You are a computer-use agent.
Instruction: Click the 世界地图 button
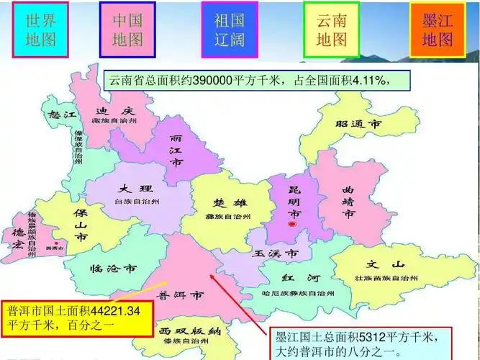(40, 29)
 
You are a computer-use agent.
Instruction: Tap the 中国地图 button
(127, 29)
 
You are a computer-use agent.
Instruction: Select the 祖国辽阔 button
(229, 29)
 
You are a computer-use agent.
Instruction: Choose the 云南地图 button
(330, 29)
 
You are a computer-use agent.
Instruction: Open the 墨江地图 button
(438, 29)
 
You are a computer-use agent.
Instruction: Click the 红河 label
(296, 279)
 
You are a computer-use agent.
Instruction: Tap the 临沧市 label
(114, 269)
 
